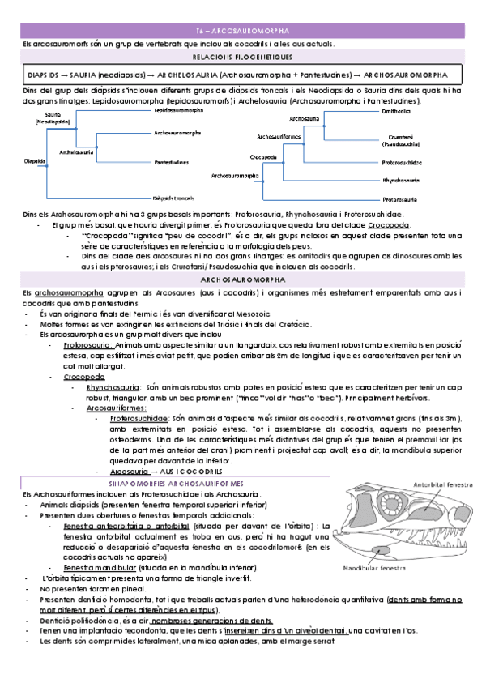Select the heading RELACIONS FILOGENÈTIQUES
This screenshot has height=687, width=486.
[x=242, y=58]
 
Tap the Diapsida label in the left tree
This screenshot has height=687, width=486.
[x=34, y=160]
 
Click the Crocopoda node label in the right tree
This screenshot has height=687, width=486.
[x=263, y=155]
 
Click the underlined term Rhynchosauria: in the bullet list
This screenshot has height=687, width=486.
[x=111, y=387]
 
